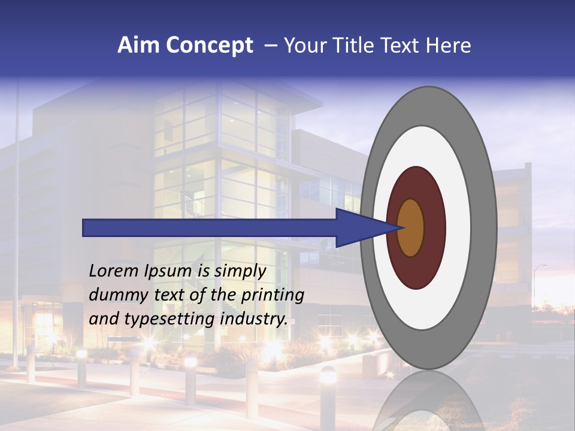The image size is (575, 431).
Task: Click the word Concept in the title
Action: (x=209, y=45)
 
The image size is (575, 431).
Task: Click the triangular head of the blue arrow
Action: (x=359, y=227)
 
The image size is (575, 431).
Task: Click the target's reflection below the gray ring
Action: (x=428, y=401)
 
